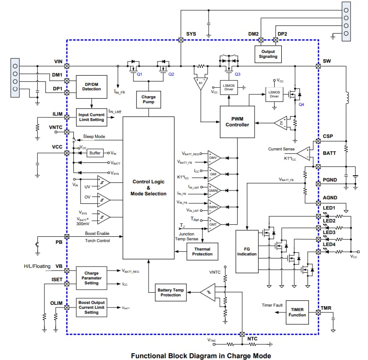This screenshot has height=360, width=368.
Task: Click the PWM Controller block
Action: (x=238, y=122)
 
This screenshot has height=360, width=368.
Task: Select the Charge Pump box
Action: (x=148, y=100)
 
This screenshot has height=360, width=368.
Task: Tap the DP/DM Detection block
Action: (x=92, y=86)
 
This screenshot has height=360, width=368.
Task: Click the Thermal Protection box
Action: (x=202, y=252)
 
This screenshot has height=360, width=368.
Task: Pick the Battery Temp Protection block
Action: (x=170, y=292)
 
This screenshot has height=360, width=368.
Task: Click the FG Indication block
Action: (x=247, y=251)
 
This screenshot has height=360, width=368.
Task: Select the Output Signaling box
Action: (x=268, y=54)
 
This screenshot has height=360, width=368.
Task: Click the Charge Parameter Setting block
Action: (x=91, y=278)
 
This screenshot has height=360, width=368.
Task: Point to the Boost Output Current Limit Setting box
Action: (x=91, y=307)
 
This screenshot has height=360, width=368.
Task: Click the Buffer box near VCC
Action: (x=95, y=153)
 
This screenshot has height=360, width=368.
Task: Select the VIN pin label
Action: (x=58, y=61)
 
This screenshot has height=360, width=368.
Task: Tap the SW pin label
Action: (x=327, y=61)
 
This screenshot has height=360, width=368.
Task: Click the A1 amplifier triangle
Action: (x=200, y=83)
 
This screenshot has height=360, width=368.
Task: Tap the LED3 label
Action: (x=329, y=232)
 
